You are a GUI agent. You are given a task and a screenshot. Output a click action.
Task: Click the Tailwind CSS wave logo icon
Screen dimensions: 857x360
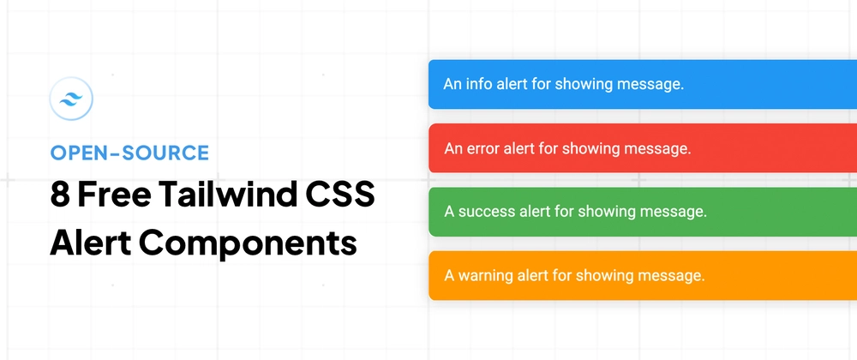71,99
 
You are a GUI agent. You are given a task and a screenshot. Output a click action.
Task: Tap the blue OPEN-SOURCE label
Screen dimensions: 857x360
129,153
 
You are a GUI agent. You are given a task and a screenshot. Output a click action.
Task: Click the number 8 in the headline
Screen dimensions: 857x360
60,195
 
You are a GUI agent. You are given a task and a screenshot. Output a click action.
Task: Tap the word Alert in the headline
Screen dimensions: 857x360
90,243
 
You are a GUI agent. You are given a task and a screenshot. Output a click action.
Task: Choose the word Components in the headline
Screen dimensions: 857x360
249,245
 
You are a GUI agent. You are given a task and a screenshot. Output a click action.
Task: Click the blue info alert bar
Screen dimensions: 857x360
643,84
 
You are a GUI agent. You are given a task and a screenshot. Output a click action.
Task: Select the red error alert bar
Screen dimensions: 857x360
643,148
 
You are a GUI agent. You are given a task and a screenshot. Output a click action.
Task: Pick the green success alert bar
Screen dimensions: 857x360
643,212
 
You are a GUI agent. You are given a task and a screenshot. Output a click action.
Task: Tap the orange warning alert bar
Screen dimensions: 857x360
643,275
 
